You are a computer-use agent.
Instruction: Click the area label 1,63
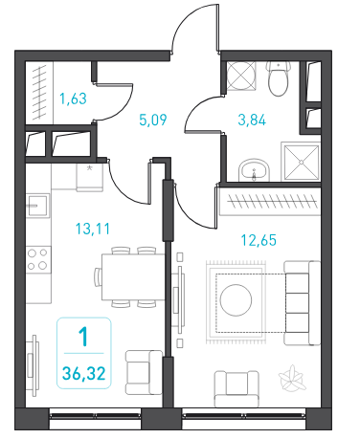tap(73, 99)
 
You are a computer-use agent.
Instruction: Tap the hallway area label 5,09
tap(153, 120)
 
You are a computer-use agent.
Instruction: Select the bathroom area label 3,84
tap(252, 120)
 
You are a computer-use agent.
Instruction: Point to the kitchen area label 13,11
tap(93, 229)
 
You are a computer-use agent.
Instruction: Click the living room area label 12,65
tap(259, 240)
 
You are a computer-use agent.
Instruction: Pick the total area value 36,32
tap(84, 373)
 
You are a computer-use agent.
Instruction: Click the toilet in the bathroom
tap(279, 78)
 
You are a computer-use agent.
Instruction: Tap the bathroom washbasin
tap(254, 170)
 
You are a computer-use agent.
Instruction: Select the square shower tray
tap(302, 163)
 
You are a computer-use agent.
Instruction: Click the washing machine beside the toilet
tap(241, 76)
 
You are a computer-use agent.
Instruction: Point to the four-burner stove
tap(38, 259)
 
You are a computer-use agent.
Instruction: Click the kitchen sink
tap(37, 206)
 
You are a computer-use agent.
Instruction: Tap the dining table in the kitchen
tap(133, 276)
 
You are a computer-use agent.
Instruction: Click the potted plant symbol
tap(292, 378)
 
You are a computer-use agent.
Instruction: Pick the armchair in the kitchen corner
tap(144, 372)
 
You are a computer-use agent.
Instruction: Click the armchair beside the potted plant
tap(236, 388)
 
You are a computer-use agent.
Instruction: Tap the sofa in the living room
tap(302, 303)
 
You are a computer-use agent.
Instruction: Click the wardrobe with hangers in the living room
tap(270, 202)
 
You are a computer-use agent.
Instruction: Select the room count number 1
tap(83, 337)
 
